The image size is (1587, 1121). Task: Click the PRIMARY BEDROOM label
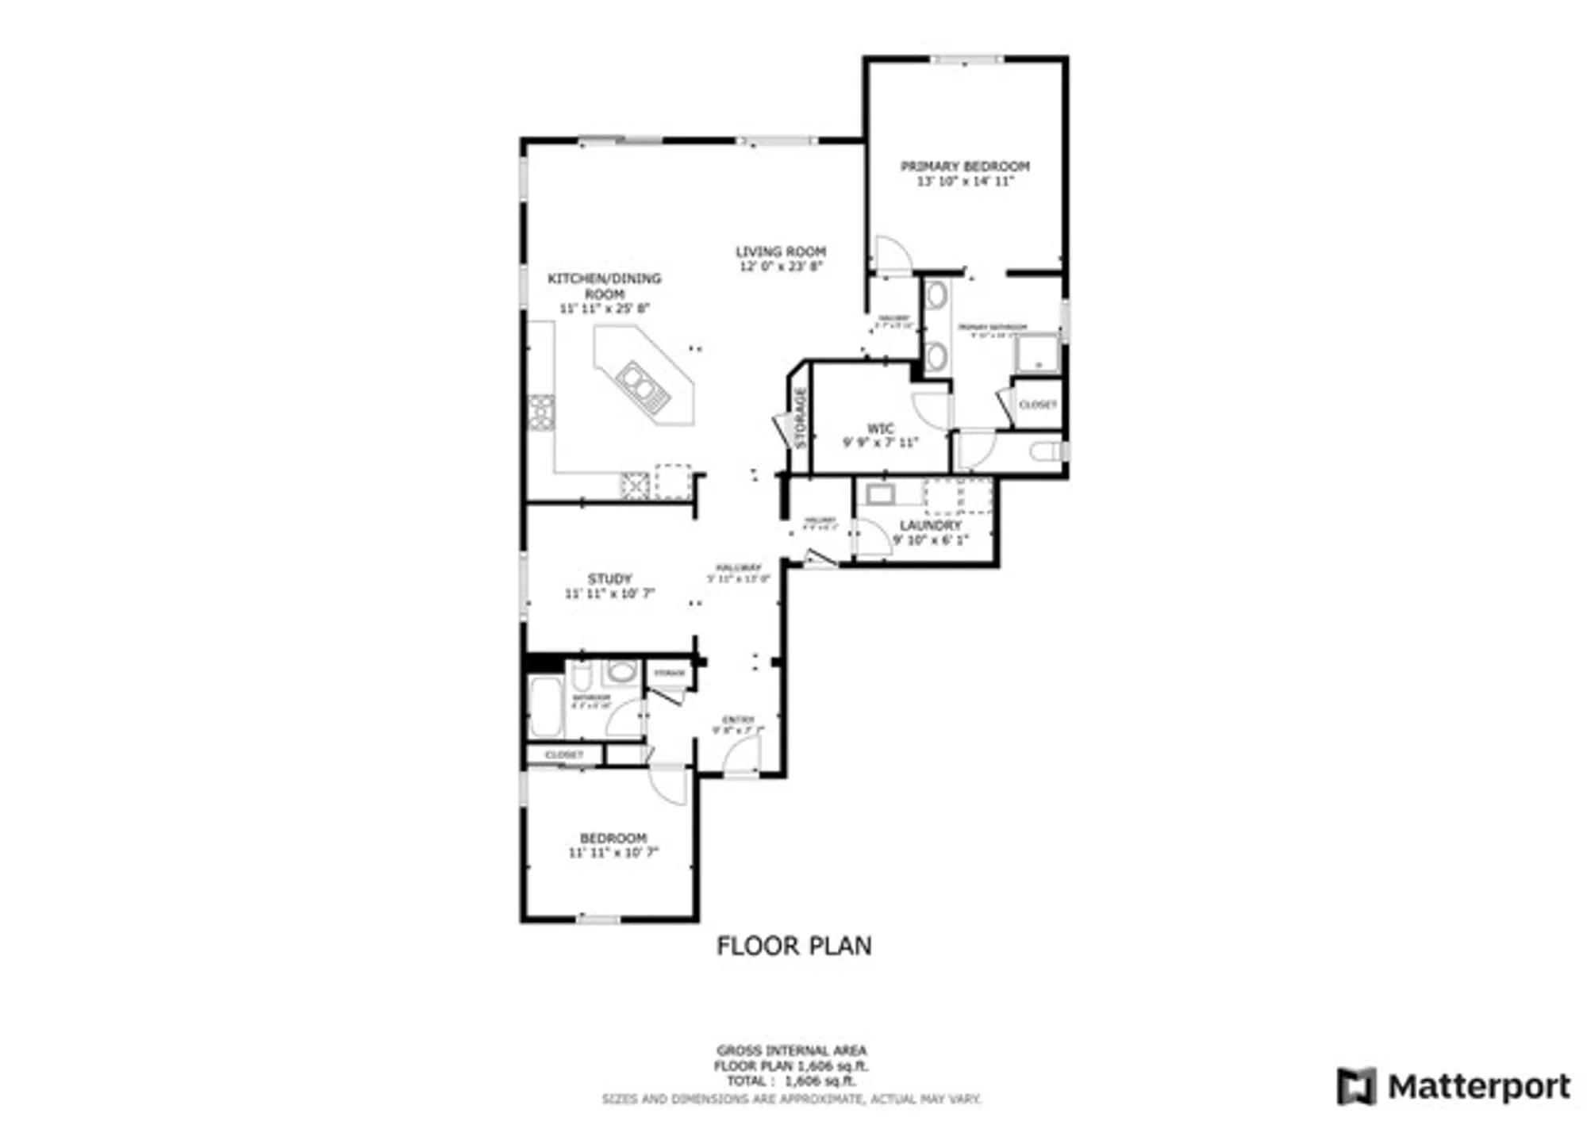pyautogui.click(x=964, y=167)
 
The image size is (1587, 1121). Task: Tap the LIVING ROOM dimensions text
pyautogui.click(x=781, y=267)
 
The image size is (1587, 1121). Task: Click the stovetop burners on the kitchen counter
pyautogui.click(x=542, y=413)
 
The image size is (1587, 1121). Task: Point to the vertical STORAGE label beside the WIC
pyautogui.click(x=800, y=419)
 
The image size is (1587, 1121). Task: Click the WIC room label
pyautogui.click(x=880, y=428)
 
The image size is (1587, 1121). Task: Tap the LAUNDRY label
pyautogui.click(x=930, y=525)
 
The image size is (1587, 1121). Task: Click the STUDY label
pyautogui.click(x=609, y=578)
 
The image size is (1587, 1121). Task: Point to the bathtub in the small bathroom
pyautogui.click(x=546, y=706)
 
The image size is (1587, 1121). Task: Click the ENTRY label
pyautogui.click(x=738, y=720)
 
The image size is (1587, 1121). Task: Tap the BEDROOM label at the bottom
pyautogui.click(x=613, y=838)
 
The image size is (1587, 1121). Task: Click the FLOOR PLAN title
pyautogui.click(x=793, y=946)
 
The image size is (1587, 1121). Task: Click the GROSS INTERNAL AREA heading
pyautogui.click(x=791, y=1050)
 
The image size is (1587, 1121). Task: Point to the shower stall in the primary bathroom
pyautogui.click(x=1036, y=353)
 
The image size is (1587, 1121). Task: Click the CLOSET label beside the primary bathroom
pyautogui.click(x=1037, y=405)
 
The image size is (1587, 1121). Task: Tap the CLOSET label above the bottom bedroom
pyautogui.click(x=564, y=754)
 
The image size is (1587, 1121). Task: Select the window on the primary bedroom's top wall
pyautogui.click(x=965, y=60)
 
